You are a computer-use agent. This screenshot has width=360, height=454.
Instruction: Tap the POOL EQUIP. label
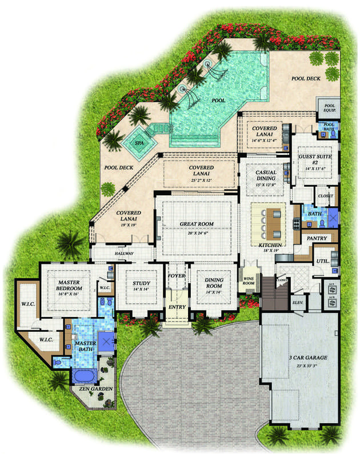(330, 107)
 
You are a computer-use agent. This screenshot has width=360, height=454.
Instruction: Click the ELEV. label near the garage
(297, 303)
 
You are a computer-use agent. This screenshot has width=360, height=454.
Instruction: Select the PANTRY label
(317, 237)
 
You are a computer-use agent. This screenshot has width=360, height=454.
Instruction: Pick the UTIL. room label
(322, 261)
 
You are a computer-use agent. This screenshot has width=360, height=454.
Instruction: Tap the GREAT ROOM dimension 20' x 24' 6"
(197, 233)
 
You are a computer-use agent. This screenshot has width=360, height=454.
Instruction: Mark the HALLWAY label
(124, 254)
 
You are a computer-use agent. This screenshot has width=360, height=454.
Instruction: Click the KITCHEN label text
(269, 244)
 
